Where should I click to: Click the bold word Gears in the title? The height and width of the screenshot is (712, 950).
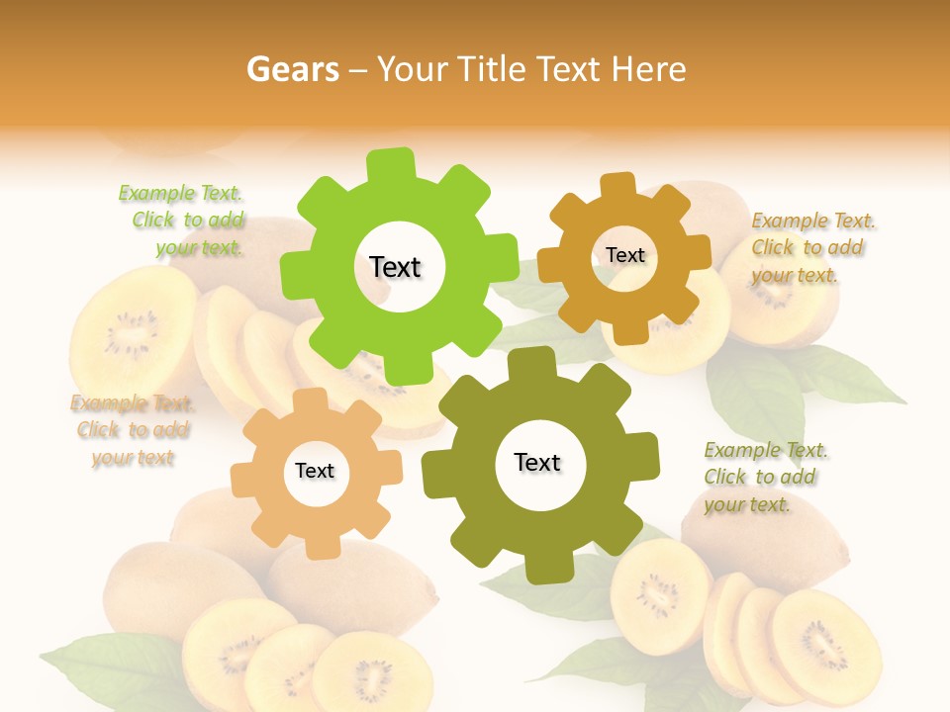click(x=292, y=69)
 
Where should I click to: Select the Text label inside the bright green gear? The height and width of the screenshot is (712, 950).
click(x=395, y=267)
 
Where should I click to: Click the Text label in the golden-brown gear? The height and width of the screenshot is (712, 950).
click(x=624, y=255)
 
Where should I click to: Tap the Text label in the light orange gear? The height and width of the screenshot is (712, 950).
click(x=315, y=472)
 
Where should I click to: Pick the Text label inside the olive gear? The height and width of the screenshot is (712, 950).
click(x=537, y=463)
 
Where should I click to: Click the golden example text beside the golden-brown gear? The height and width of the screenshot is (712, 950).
click(x=811, y=247)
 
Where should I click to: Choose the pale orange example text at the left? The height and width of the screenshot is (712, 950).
click(x=133, y=430)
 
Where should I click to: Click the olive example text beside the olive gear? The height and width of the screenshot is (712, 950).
click(x=764, y=477)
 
